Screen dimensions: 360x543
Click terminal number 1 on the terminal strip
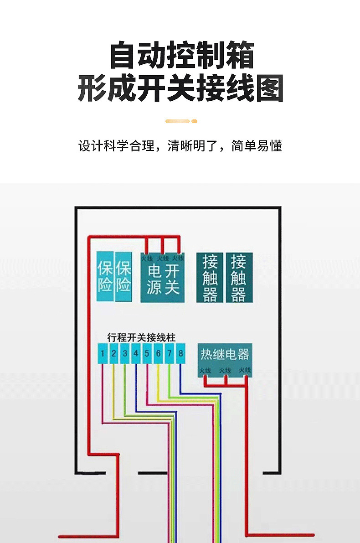103,353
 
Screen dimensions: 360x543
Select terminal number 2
114,353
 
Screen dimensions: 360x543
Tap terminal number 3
125,353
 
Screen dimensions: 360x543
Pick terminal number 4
136,353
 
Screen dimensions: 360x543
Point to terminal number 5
147,353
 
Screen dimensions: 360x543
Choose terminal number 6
158,353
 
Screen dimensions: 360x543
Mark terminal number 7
169,353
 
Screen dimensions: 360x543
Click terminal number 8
180,353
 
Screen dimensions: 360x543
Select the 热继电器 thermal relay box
225,359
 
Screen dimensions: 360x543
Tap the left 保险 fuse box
105,277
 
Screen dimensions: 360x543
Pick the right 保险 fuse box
123,277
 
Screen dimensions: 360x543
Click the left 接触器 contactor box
210,278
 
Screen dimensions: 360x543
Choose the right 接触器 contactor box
239,278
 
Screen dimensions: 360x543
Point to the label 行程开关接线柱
141,337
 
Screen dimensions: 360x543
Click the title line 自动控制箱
182,56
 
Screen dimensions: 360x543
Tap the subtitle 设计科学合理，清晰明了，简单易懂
180,146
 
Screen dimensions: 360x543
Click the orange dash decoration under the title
181,121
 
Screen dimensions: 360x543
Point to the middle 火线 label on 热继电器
225,371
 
